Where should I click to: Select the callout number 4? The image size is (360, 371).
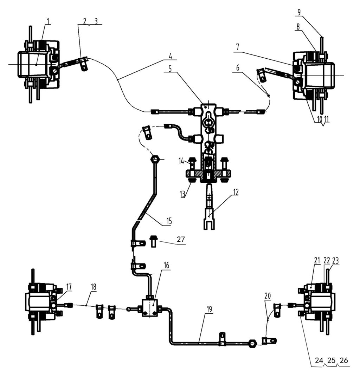click(x=170, y=56)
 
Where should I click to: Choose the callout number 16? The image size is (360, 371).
click(x=166, y=265)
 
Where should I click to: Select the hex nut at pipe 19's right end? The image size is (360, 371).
click(x=251, y=343)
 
